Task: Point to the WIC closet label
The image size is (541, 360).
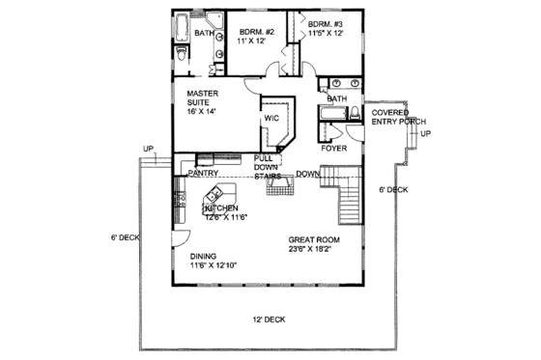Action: tap(271, 120)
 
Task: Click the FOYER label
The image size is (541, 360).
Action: tap(333, 149)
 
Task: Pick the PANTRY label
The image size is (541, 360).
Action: tap(203, 174)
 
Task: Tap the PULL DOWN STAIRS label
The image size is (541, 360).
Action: tap(268, 166)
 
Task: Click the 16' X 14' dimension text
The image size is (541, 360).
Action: tap(204, 112)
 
